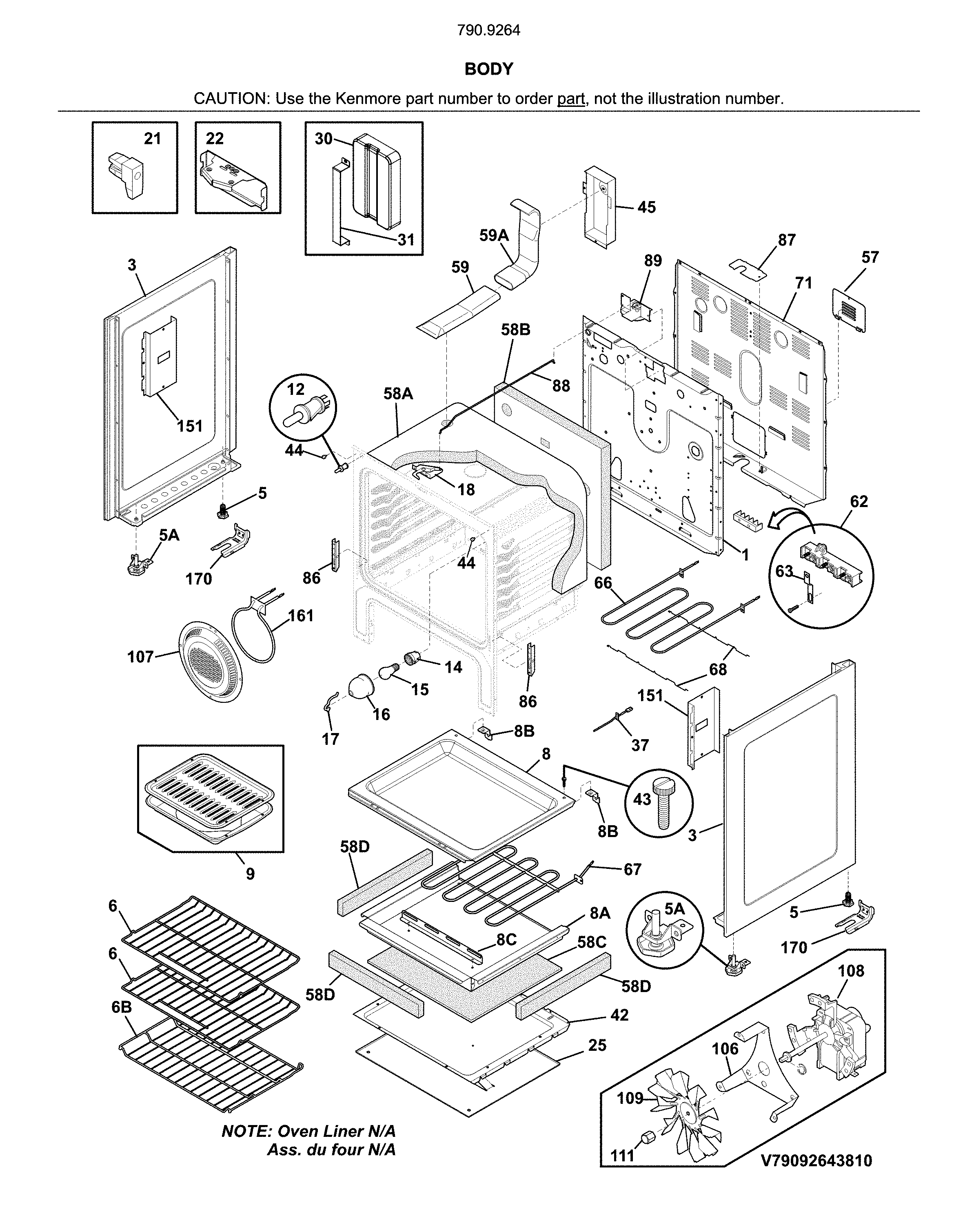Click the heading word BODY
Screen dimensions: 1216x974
(489, 69)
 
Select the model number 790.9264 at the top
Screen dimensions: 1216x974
(489, 31)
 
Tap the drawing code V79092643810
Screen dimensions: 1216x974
(816, 1160)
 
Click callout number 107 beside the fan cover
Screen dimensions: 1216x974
(140, 656)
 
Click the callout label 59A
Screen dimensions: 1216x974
(494, 235)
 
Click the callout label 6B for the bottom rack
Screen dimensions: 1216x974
(121, 1007)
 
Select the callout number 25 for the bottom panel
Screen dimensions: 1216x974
(597, 1045)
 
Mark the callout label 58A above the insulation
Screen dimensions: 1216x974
(398, 393)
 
